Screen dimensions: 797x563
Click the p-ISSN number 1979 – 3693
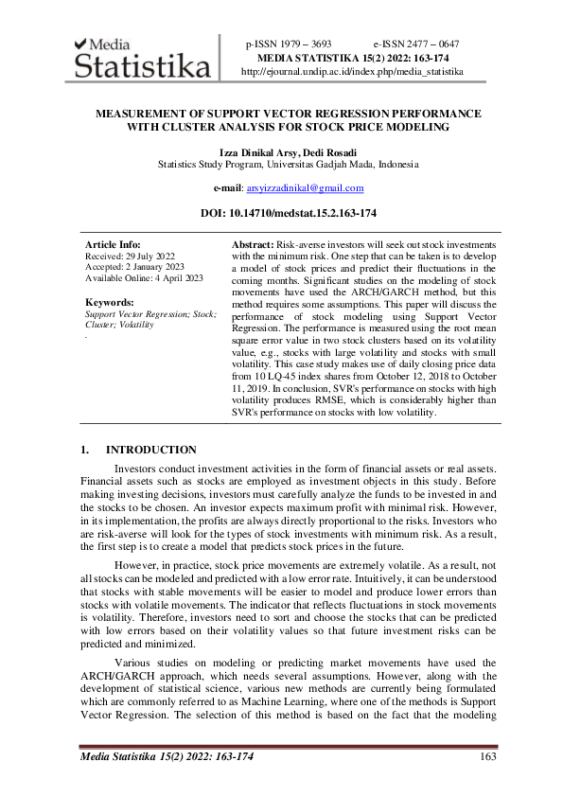289,44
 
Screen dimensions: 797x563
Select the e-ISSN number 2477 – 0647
416,44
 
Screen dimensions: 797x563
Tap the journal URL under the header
352,71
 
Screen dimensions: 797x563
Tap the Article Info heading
113,244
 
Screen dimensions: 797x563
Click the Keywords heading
109,302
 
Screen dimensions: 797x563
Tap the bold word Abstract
253,244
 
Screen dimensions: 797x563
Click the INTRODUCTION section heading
151,450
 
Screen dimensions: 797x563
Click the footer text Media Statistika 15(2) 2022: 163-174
167,755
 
